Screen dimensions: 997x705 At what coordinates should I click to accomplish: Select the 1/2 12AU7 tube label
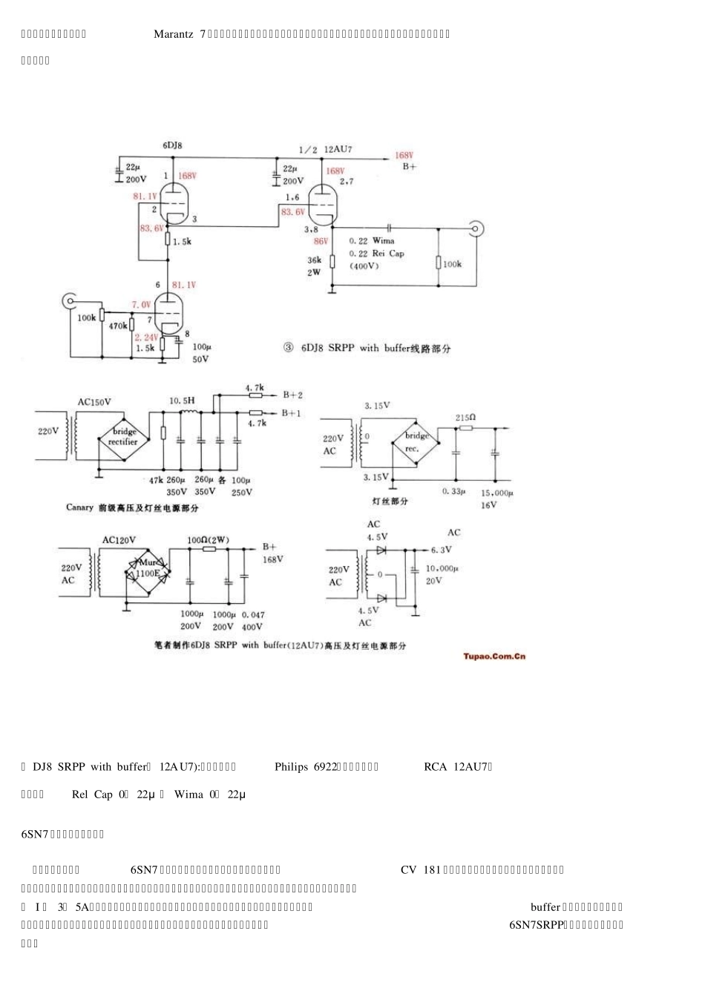[x=326, y=149]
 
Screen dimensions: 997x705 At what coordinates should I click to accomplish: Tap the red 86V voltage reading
[x=321, y=241]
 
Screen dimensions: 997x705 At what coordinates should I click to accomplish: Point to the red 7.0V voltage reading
[x=141, y=305]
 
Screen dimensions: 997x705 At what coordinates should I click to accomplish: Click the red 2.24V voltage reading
[x=145, y=336]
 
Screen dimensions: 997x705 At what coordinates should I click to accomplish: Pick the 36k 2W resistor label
[x=315, y=266]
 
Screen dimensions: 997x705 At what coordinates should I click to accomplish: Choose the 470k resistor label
[x=119, y=326]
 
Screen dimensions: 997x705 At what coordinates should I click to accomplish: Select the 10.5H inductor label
[x=181, y=401]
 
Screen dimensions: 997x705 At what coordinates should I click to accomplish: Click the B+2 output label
[x=292, y=395]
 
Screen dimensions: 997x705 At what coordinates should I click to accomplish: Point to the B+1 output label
[x=292, y=412]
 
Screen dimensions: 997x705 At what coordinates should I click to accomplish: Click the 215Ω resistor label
[x=466, y=418]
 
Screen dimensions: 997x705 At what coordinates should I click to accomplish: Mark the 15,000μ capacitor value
[x=497, y=493]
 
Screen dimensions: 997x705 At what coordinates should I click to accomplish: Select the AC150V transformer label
[x=94, y=402]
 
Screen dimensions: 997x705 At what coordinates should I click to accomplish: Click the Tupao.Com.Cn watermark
[x=494, y=656]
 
